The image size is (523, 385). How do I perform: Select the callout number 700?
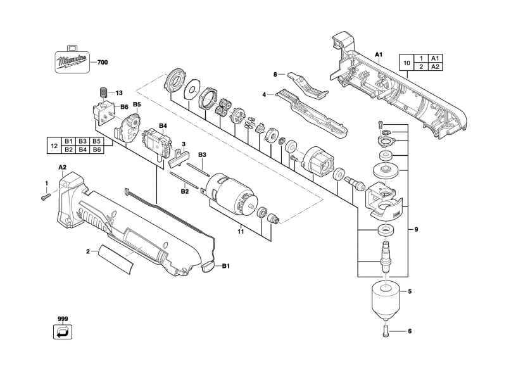103,63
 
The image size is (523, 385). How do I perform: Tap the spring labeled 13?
103,92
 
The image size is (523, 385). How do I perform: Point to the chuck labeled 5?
386,300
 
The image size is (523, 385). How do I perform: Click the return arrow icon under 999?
63,332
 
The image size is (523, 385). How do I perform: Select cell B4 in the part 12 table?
83,149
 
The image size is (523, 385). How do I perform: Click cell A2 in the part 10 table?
435,66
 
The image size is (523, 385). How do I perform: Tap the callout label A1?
379,54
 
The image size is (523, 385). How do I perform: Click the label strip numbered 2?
116,259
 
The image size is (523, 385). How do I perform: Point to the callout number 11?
241,231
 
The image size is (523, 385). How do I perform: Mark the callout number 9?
416,229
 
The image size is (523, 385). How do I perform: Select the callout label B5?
137,104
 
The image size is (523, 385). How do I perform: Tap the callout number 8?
275,74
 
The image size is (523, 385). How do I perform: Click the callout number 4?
264,95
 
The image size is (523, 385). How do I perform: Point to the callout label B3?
202,155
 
